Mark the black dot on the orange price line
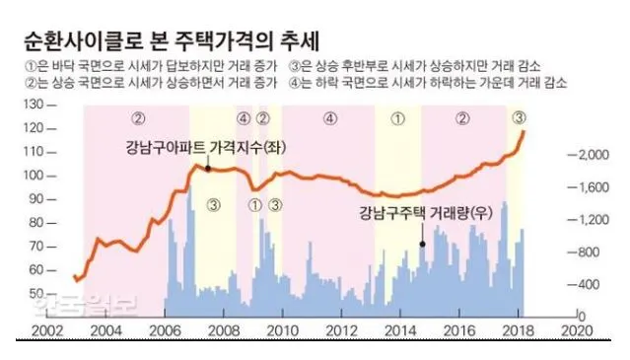point(208,169)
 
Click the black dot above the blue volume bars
point(421,243)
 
